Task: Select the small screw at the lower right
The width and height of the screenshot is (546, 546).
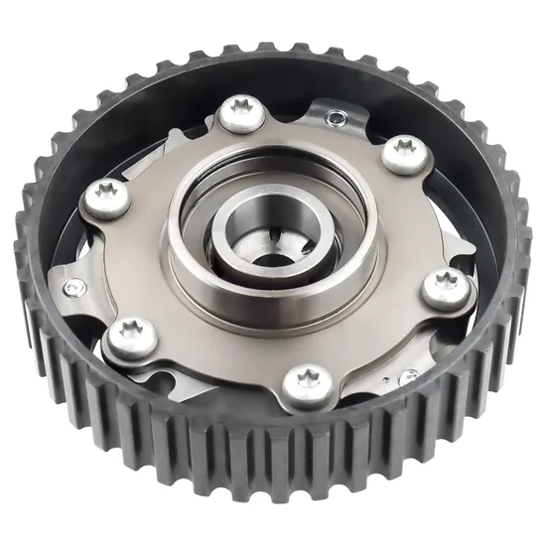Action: coord(408,376)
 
